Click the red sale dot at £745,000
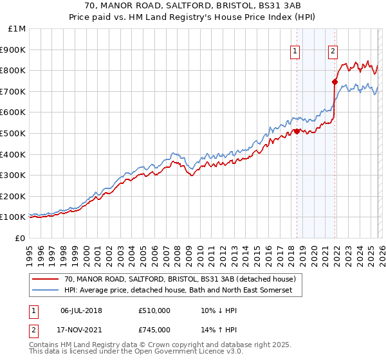coord(335,82)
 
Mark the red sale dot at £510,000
coord(297,131)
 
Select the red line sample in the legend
coord(46,280)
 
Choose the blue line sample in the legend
coord(46,291)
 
